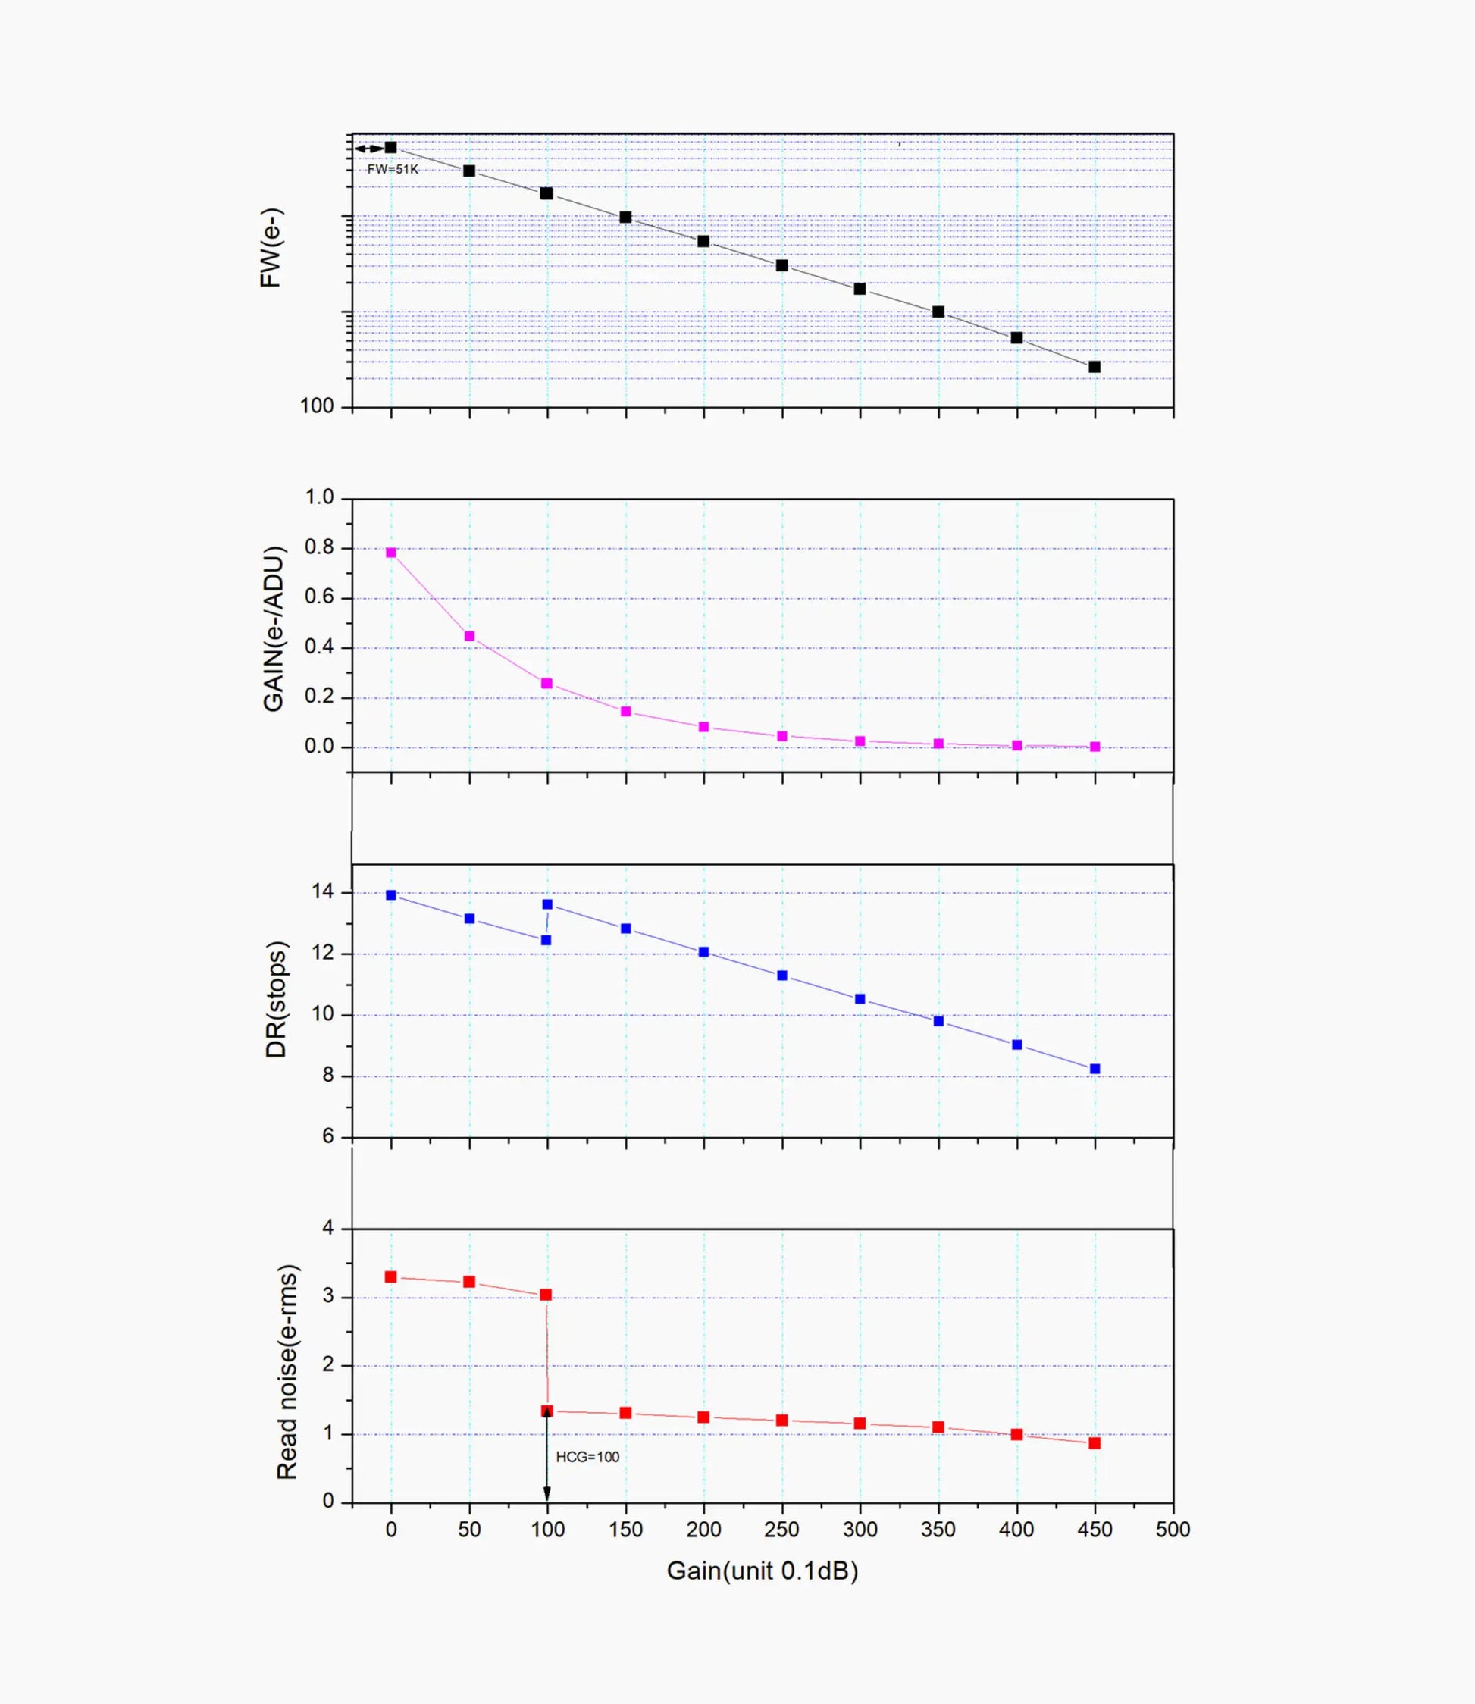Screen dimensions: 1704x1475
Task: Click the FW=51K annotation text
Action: click(393, 170)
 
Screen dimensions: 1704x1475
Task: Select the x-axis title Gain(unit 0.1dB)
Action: click(763, 1571)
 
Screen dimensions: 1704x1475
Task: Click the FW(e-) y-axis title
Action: click(271, 247)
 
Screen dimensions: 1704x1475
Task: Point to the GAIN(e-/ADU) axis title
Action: click(274, 629)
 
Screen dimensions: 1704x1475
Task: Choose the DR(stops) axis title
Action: click(277, 999)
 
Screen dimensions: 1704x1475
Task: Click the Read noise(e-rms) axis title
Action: click(287, 1372)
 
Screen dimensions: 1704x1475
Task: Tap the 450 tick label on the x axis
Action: click(1094, 1530)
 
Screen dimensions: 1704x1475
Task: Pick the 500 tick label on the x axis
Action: click(1172, 1530)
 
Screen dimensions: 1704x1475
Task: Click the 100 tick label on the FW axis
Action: click(317, 406)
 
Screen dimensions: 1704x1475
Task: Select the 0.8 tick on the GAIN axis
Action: click(319, 547)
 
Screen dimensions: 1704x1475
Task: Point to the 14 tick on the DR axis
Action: click(323, 891)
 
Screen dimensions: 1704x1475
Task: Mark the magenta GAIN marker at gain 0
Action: click(391, 553)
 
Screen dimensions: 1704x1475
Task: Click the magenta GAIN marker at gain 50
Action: click(469, 636)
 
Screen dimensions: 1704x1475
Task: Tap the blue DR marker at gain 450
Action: click(1095, 1070)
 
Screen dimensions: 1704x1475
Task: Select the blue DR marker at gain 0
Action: click(391, 894)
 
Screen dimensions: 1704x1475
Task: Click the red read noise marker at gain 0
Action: click(391, 1276)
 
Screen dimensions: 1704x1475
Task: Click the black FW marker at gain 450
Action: click(1095, 367)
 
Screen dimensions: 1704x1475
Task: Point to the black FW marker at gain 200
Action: click(703, 241)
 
